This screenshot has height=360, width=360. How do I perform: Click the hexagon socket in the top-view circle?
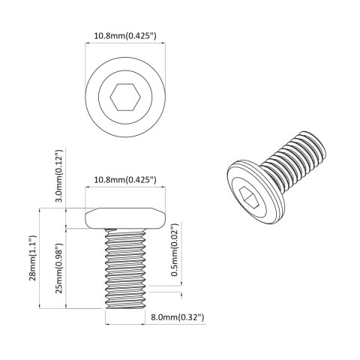125,97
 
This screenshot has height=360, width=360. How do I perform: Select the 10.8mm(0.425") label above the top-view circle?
125,34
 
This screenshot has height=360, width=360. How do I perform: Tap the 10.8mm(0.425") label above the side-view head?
125,180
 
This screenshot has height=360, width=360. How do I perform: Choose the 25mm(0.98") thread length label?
58,268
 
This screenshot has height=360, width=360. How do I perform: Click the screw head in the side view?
125,218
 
